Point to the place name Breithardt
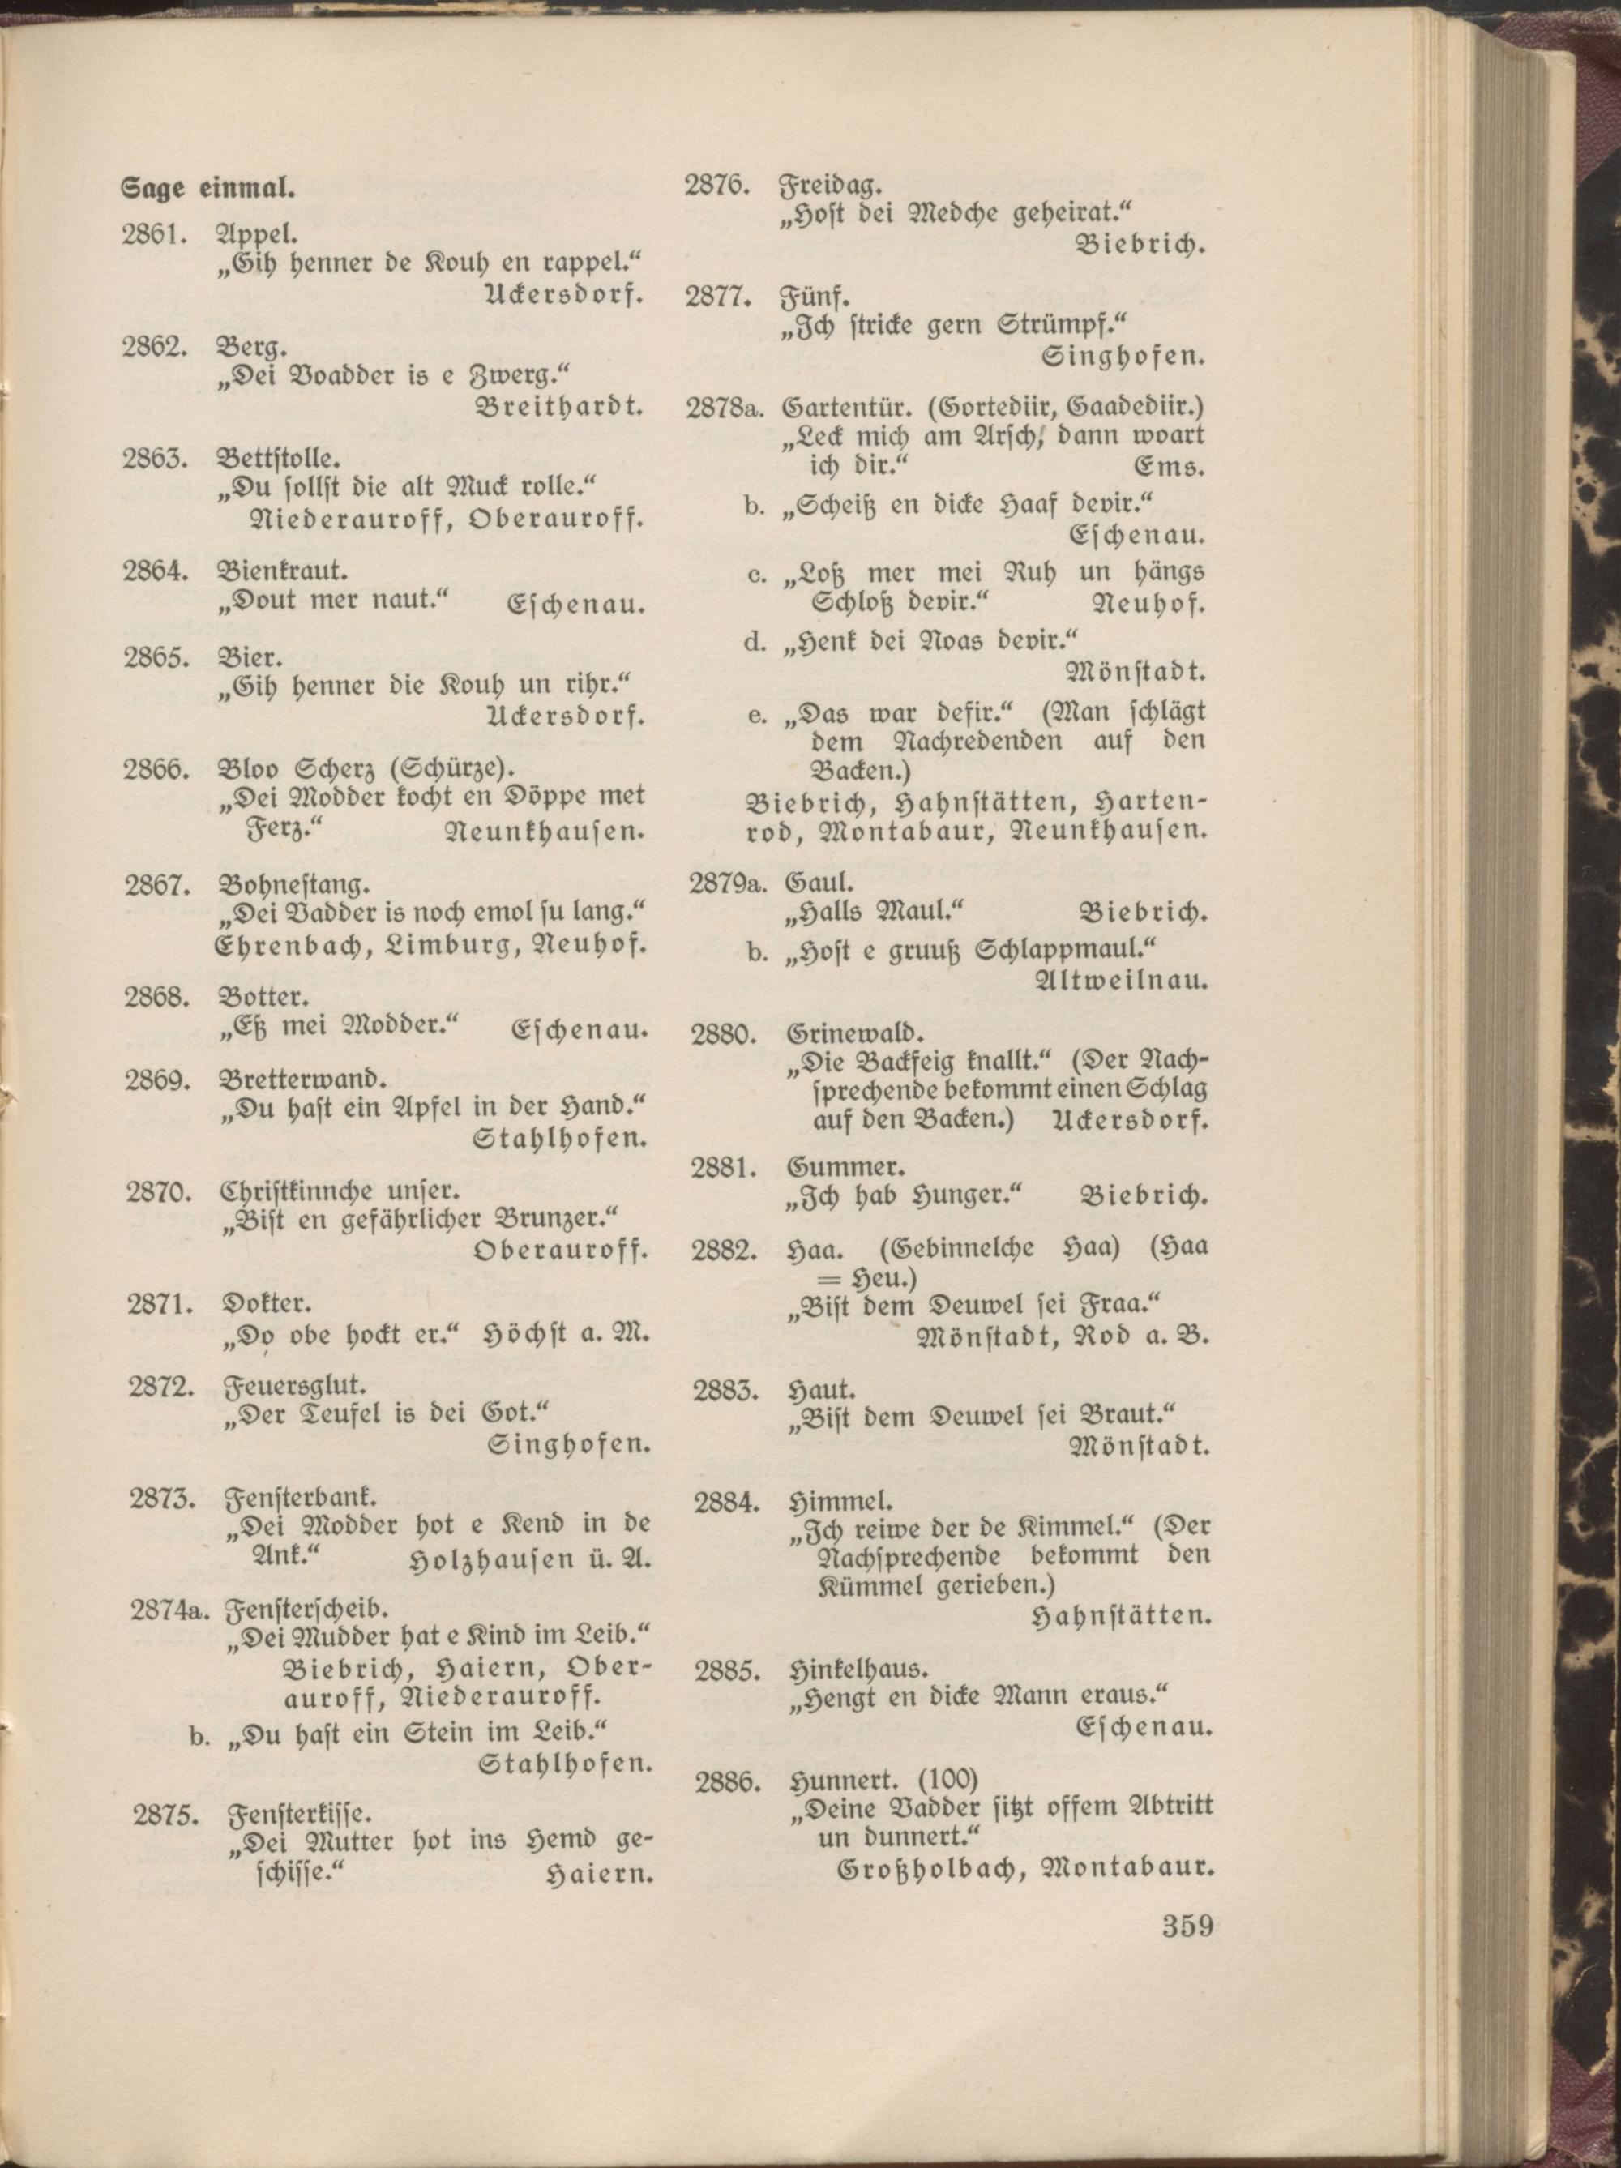tap(559, 406)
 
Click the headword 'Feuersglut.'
tap(295, 1386)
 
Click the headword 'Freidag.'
tap(832, 184)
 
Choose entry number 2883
tap(726, 1390)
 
